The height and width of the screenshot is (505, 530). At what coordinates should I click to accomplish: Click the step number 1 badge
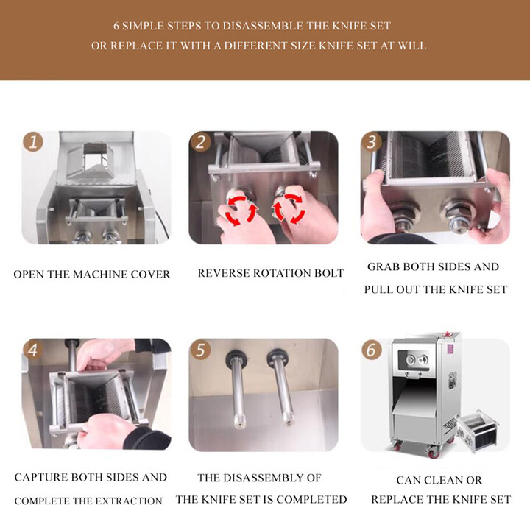tap(32, 142)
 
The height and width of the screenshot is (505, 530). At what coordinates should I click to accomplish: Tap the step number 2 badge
tap(200, 142)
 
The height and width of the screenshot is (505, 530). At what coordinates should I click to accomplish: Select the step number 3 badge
tap(372, 142)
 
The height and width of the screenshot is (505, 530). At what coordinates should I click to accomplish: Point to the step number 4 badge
tap(32, 350)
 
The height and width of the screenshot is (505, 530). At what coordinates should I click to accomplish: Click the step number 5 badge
tap(200, 350)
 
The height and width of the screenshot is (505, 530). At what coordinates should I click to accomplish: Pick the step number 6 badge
tap(372, 350)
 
